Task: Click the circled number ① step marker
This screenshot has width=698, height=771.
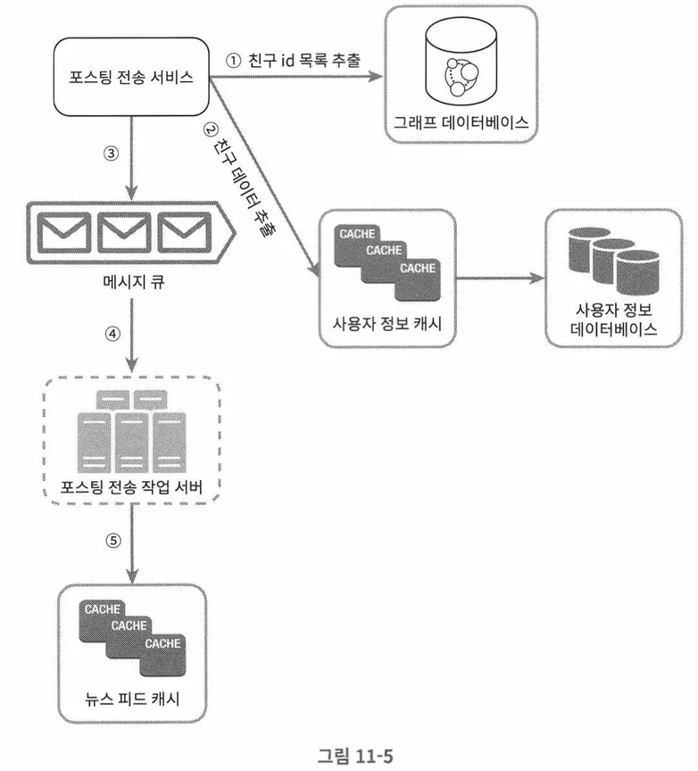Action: tap(233, 62)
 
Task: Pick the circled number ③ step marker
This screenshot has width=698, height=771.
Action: tap(111, 153)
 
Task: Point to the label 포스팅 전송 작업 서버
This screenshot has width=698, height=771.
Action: tap(131, 488)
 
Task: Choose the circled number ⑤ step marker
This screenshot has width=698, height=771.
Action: tap(111, 540)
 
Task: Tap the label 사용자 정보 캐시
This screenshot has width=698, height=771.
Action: tap(387, 322)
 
